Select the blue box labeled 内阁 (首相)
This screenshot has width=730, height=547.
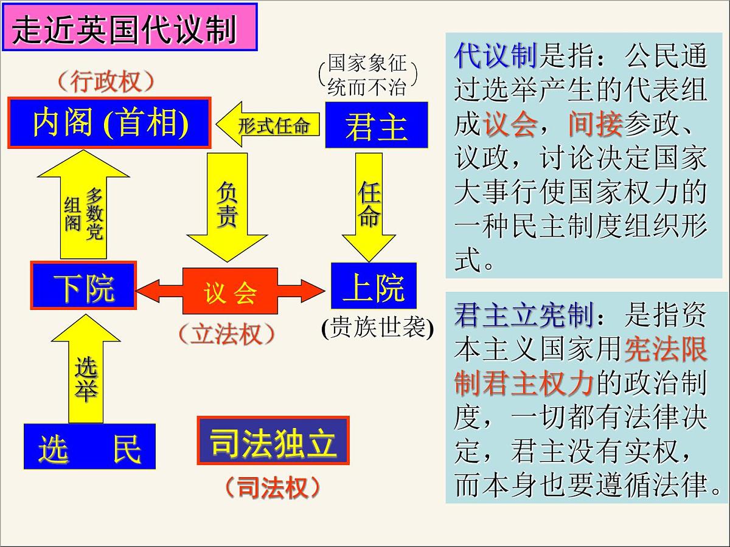click(x=109, y=122)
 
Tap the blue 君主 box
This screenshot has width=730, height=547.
click(x=376, y=125)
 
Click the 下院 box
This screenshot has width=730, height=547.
click(x=84, y=286)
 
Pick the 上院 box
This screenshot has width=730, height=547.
click(x=374, y=286)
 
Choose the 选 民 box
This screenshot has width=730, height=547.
click(x=89, y=447)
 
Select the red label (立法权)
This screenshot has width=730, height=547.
click(x=226, y=334)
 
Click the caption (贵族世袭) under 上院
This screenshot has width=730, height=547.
click(x=377, y=328)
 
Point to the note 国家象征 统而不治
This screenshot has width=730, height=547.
click(x=367, y=75)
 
